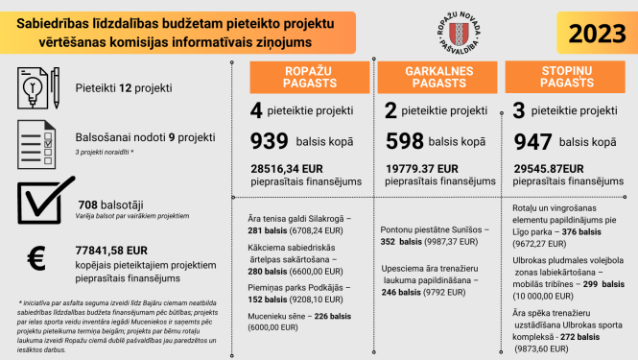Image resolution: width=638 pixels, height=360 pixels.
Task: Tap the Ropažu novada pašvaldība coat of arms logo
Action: (x=450, y=33)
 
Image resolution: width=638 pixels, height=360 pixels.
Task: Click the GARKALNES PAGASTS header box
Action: (x=437, y=78)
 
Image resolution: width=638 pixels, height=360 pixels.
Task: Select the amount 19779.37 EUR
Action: (x=422, y=169)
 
